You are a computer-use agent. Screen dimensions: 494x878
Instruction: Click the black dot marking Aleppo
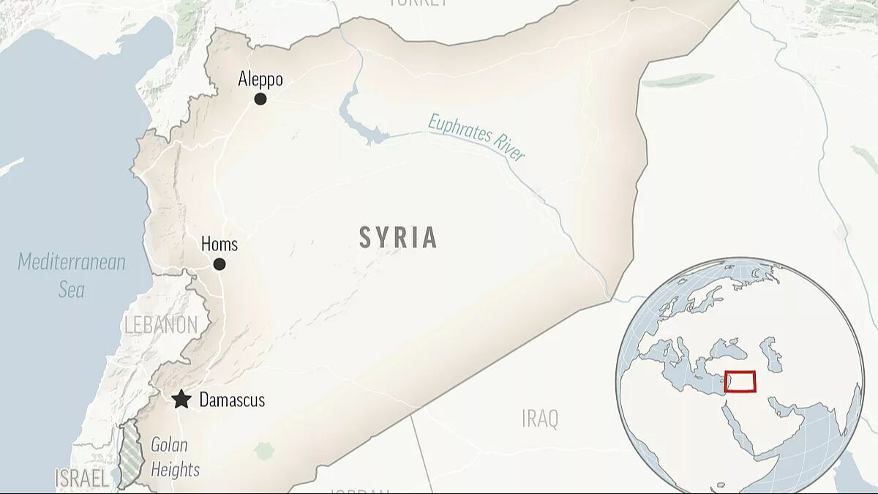click(260, 99)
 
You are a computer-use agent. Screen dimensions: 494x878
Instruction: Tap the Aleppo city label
click(260, 79)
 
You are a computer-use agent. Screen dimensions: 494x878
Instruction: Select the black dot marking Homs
click(219, 264)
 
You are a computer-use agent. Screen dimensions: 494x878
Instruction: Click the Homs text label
click(219, 244)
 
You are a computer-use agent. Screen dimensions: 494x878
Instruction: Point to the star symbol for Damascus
click(181, 400)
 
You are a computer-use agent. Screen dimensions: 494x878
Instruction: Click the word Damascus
click(232, 400)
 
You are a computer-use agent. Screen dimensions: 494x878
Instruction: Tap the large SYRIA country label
click(399, 237)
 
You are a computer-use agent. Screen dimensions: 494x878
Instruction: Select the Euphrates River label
click(477, 137)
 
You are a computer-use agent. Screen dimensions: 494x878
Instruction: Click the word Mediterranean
click(72, 262)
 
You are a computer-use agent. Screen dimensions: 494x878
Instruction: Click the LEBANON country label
click(161, 325)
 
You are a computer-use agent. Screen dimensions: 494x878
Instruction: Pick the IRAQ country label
click(540, 419)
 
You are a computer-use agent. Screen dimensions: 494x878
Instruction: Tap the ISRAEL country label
click(82, 479)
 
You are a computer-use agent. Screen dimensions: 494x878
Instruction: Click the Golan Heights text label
click(174, 457)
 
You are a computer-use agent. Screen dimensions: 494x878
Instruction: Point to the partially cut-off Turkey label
click(418, 3)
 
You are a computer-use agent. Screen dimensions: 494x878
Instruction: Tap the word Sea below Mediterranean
click(72, 290)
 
